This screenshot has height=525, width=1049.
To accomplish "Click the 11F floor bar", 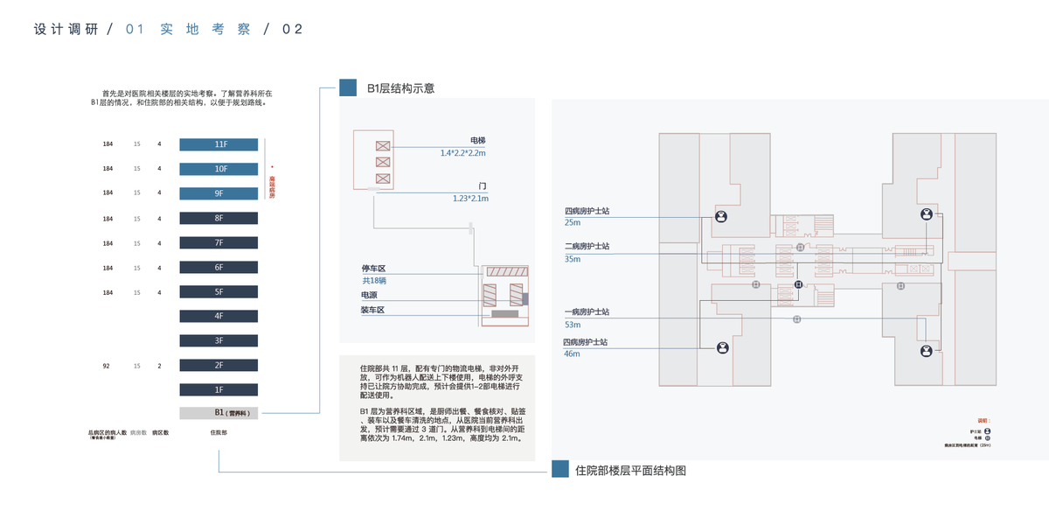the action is [219, 144].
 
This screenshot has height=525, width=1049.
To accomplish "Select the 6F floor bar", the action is [219, 267].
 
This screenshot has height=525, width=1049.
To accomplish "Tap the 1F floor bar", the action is [219, 389].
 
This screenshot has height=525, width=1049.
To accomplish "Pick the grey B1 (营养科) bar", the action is [219, 413].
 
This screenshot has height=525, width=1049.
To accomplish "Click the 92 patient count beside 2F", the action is [107, 366].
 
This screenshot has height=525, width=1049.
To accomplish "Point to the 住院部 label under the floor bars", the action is [219, 432].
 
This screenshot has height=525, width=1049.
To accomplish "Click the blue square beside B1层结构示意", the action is [348, 87].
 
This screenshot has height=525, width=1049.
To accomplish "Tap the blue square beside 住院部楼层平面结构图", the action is [560, 470].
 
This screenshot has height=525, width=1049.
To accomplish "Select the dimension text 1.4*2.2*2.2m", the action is [462, 153].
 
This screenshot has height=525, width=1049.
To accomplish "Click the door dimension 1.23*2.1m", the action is [469, 199].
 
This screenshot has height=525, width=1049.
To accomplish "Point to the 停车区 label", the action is [373, 268].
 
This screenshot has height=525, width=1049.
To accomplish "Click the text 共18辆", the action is [374, 281].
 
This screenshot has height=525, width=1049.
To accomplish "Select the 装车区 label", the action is [373, 311].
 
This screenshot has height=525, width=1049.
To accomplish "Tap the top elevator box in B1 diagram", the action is [382, 146].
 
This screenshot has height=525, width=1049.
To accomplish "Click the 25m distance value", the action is [573, 223].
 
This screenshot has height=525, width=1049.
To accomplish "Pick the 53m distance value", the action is [573, 325].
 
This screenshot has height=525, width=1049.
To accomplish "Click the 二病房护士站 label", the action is [587, 246].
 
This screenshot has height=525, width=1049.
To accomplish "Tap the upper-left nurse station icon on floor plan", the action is [722, 216].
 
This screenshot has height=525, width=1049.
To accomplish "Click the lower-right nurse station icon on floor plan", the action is [925, 351].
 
